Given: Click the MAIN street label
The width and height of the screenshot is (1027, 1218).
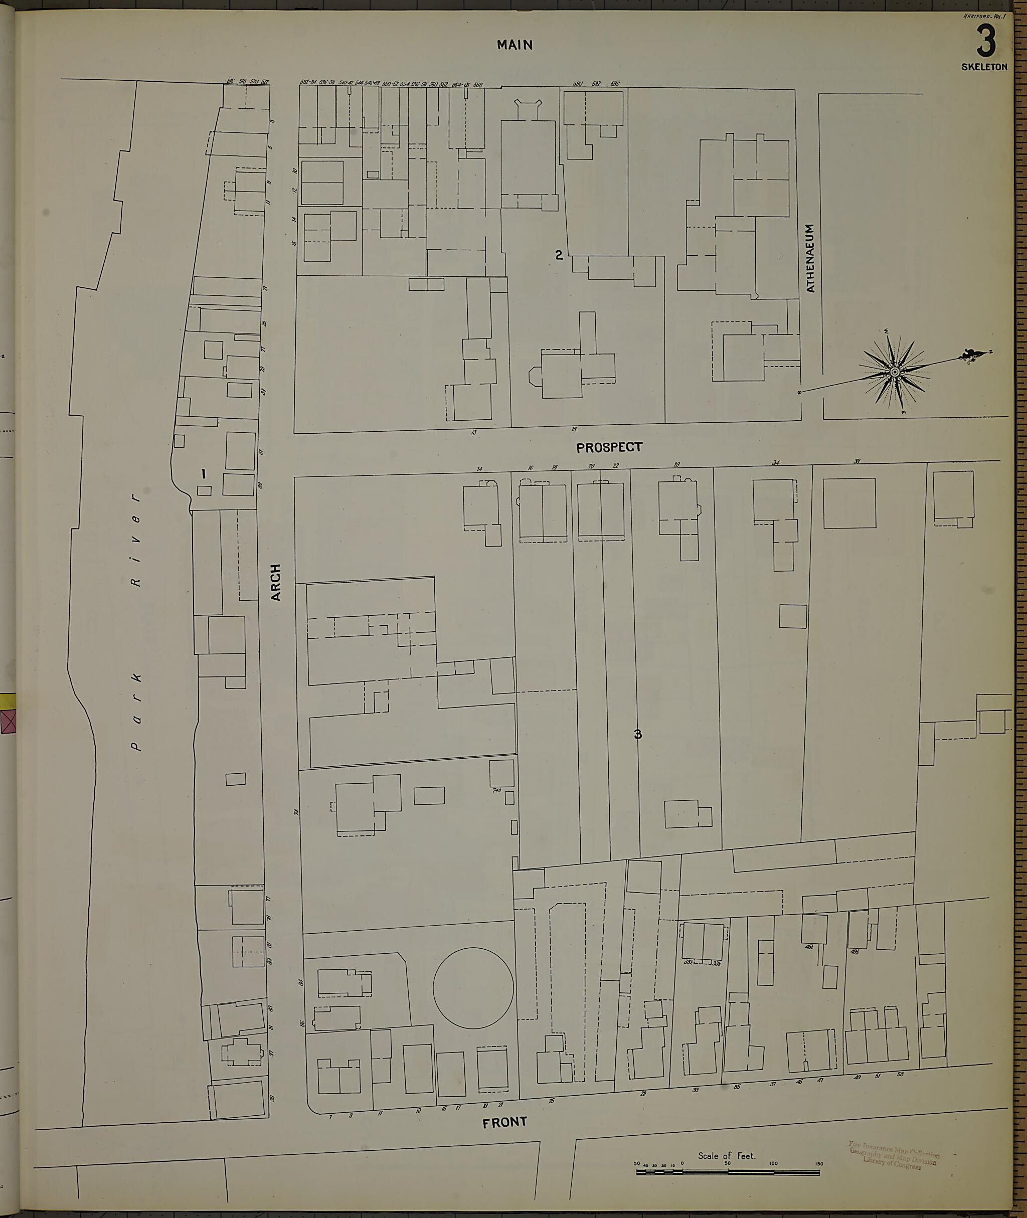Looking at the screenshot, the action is pyautogui.click(x=515, y=45).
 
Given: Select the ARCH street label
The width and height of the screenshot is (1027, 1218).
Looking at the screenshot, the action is pyautogui.click(x=275, y=582).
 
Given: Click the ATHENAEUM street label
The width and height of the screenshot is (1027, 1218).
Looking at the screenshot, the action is pyautogui.click(x=810, y=258).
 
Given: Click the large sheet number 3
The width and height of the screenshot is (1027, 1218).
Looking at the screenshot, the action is pyautogui.click(x=986, y=43).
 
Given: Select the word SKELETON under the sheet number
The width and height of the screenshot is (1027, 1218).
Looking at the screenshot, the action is pyautogui.click(x=984, y=67).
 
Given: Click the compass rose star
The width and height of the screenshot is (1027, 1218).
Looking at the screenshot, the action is pyautogui.click(x=894, y=372).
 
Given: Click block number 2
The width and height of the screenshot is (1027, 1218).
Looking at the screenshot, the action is pyautogui.click(x=559, y=254).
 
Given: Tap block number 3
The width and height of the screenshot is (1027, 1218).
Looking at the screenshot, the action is pyautogui.click(x=637, y=734).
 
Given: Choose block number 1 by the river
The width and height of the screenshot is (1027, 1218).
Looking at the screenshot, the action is pyautogui.click(x=203, y=474).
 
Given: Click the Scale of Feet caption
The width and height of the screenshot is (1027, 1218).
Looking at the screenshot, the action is pyautogui.click(x=727, y=1156).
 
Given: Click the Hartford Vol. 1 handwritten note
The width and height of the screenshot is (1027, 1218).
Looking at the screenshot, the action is pyautogui.click(x=983, y=17).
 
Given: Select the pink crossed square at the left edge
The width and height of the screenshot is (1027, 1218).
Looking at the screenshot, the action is pyautogui.click(x=8, y=723).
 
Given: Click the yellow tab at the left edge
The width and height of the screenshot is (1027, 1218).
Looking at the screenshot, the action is pyautogui.click(x=8, y=701).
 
